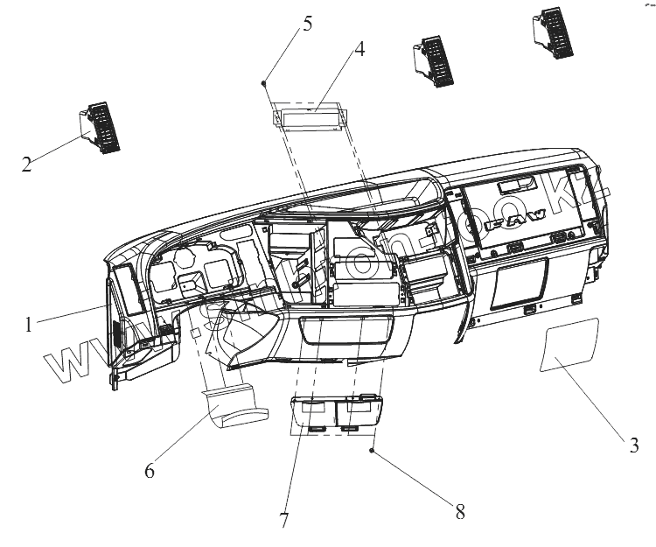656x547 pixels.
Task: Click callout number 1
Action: point(30,324)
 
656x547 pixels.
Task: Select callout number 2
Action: point(27,163)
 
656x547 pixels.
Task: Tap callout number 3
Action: point(634,445)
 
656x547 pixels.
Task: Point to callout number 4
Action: point(359,49)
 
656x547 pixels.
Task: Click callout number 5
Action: point(307,22)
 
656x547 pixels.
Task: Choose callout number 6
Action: point(150,470)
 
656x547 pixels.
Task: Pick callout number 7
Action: point(284,519)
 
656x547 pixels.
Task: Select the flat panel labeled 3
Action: point(569,347)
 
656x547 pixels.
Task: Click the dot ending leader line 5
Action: point(264,82)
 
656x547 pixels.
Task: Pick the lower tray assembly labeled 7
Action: point(334,411)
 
